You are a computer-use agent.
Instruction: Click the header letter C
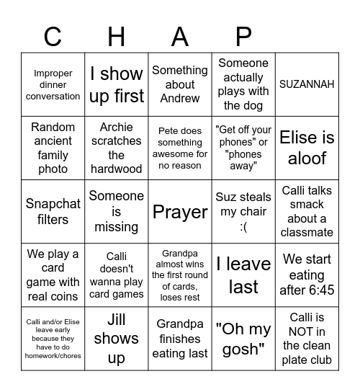click(53, 35)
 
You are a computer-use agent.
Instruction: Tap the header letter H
click(117, 35)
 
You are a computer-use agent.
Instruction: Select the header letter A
click(180, 35)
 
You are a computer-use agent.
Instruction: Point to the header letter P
click(243, 35)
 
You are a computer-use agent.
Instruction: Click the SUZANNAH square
click(307, 84)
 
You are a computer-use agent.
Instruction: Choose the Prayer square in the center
click(180, 212)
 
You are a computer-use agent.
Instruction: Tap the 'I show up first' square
click(117, 84)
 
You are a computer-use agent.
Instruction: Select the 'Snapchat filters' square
click(53, 212)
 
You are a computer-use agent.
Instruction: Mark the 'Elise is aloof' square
click(307, 148)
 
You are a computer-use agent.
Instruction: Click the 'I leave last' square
click(243, 275)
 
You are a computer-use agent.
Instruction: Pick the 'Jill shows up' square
click(117, 339)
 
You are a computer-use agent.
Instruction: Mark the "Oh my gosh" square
click(243, 339)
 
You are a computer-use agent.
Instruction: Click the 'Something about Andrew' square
click(180, 84)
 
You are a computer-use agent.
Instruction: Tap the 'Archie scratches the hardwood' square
click(117, 148)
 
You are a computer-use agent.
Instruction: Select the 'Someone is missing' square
click(117, 212)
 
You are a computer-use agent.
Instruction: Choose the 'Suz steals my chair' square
click(243, 212)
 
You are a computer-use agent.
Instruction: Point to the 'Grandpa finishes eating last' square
click(180, 339)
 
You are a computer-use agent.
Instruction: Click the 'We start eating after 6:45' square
click(307, 275)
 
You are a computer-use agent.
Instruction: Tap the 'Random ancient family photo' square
click(53, 148)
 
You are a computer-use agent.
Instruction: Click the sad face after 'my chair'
click(243, 226)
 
